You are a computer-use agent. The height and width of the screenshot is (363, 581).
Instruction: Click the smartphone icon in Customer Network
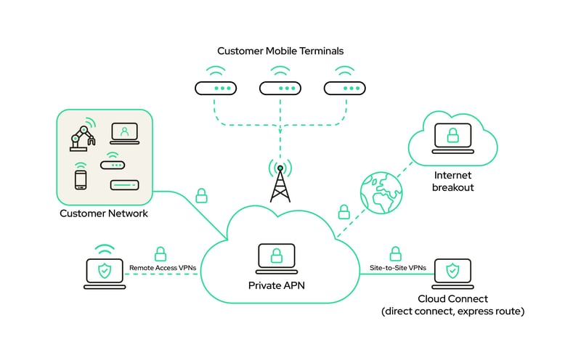pos(81,179)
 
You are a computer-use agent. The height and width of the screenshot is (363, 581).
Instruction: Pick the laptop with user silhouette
pos(124,134)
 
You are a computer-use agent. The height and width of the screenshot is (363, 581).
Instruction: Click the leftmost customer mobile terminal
pos(216,88)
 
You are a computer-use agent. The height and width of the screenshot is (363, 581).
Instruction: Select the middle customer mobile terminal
pos(280,88)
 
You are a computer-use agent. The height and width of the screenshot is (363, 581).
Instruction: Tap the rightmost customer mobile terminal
pos(344,88)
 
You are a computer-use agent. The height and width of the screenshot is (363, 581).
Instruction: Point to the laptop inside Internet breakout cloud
pos(451,137)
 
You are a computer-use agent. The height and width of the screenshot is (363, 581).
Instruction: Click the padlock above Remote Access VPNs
pos(161,254)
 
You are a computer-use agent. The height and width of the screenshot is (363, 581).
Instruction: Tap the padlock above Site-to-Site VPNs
pos(396,254)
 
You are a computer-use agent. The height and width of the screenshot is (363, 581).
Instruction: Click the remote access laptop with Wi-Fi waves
pos(105,272)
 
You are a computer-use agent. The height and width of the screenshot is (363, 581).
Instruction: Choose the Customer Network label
pos(103,213)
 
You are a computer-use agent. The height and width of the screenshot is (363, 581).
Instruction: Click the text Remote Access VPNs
pos(162,269)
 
